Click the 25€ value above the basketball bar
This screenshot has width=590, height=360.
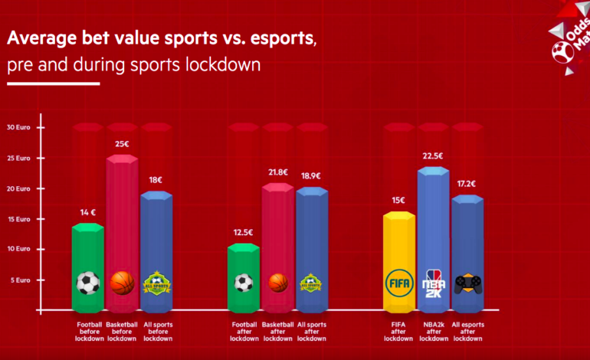click(x=122, y=143)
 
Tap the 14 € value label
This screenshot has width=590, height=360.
click(x=88, y=211)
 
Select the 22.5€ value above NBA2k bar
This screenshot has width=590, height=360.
click(x=433, y=156)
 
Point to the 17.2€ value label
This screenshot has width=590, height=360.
click(x=467, y=184)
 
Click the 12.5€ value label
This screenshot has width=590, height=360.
click(x=244, y=232)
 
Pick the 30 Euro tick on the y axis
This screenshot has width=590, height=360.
click(x=20, y=127)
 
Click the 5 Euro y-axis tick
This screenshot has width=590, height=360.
click(x=21, y=280)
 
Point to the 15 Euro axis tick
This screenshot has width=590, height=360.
click(x=20, y=219)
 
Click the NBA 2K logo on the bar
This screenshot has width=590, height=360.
click(x=433, y=282)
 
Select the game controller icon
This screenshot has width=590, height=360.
click(x=467, y=283)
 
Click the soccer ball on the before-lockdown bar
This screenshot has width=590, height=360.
click(x=88, y=283)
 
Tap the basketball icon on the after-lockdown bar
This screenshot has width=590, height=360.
click(x=278, y=283)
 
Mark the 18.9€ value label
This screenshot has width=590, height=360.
click(x=311, y=175)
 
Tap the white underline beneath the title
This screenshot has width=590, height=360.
click(x=54, y=83)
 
